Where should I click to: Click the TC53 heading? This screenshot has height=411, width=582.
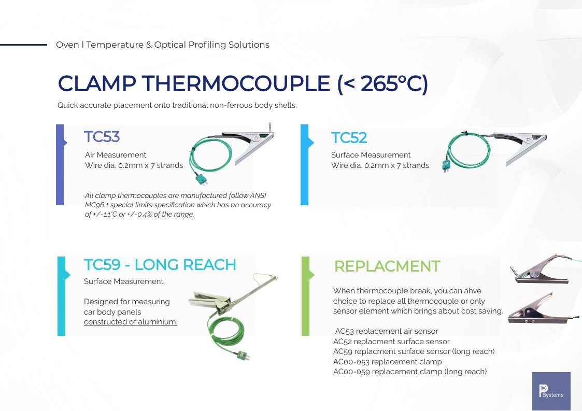(102, 137)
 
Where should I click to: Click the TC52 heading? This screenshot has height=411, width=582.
(349, 138)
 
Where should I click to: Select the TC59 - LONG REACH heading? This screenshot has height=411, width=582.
(160, 265)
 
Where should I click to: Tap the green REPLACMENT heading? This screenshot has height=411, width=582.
(387, 266)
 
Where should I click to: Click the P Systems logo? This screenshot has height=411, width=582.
(551, 391)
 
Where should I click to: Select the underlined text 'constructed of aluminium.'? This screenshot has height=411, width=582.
(131, 322)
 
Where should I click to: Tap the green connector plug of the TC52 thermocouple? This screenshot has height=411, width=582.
(445, 165)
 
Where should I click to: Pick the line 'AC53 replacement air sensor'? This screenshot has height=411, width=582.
(387, 331)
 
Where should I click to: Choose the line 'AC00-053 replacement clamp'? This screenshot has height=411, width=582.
(387, 362)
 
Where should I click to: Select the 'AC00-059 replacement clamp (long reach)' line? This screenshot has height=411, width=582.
(410, 372)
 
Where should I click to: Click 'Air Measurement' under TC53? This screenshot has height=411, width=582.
(116, 155)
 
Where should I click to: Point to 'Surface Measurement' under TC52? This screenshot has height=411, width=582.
(371, 155)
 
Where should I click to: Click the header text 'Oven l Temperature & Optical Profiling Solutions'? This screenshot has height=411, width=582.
(162, 45)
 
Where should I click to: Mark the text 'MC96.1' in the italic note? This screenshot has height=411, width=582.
(97, 205)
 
